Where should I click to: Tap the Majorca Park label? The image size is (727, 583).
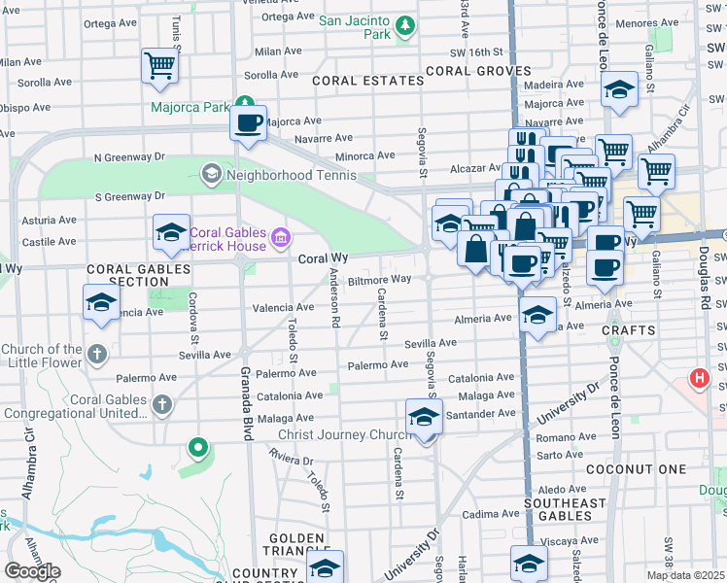tap(190, 107)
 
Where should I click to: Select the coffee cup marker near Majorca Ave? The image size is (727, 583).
tap(248, 122)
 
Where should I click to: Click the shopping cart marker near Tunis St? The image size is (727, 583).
tap(159, 66)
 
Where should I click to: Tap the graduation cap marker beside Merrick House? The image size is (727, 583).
tap(171, 231)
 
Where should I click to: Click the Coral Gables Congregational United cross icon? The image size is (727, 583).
tap(162, 403)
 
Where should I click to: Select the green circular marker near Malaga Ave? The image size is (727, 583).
tap(198, 447)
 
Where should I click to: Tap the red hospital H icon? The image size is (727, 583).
tap(698, 378)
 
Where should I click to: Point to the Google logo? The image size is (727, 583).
tap(32, 571)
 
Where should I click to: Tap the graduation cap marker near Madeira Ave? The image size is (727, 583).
tap(617, 91)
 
